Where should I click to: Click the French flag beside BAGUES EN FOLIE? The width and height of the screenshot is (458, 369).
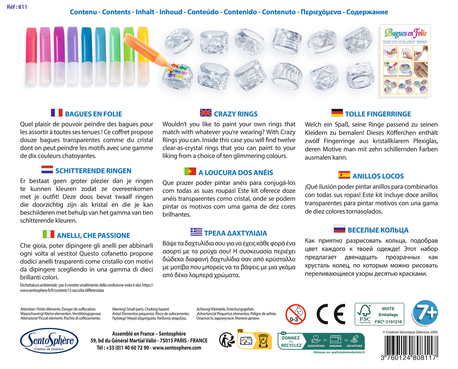pyautogui.click(x=57, y=113)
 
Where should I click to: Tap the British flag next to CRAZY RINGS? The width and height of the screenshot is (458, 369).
pyautogui.click(x=206, y=113)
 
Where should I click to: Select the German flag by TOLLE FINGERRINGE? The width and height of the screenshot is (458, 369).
pyautogui.click(x=337, y=113)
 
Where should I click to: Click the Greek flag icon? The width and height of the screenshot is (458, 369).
pyautogui.click(x=196, y=232)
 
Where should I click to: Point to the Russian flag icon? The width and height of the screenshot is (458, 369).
pyautogui.click(x=339, y=229)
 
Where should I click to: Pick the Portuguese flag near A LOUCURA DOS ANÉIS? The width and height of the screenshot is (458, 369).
pyautogui.click(x=190, y=171)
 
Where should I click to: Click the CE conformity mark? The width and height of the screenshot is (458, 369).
pyautogui.click(x=331, y=314)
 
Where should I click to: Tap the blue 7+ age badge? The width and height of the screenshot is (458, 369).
pyautogui.click(x=425, y=313)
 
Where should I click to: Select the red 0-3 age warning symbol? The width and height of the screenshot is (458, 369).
pyautogui.click(x=295, y=315)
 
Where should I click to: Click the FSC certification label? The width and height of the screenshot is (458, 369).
pyautogui.click(x=379, y=314)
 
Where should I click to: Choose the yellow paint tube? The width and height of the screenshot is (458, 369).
pyautogui.click(x=143, y=56)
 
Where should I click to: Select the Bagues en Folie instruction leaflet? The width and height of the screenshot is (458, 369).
pyautogui.click(x=405, y=60)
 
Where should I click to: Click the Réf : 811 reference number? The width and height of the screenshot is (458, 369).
pyautogui.click(x=17, y=7)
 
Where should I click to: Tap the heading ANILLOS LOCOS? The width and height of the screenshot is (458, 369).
pyautogui.click(x=378, y=176)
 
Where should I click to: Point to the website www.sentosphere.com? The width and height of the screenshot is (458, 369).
pyautogui.click(x=177, y=348)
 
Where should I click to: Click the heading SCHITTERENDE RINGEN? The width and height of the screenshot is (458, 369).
pyautogui.click(x=93, y=171)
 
